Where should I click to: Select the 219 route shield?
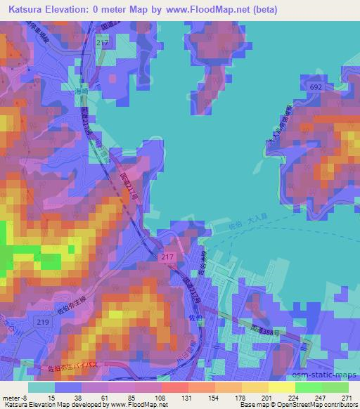pyautogui.click(x=44, y=322)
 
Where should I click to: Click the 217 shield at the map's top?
pyautogui.click(x=104, y=44)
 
